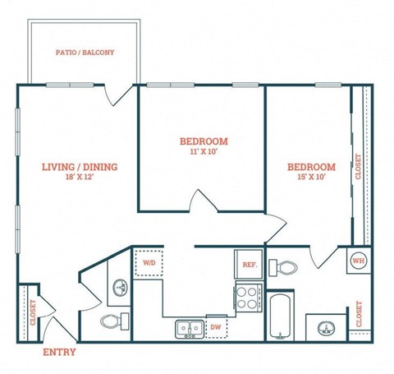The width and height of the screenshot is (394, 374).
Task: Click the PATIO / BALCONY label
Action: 85,53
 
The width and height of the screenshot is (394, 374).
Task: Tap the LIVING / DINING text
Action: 80,167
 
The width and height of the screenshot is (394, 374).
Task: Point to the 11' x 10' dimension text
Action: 204,151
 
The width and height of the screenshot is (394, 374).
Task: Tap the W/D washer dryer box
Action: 149,263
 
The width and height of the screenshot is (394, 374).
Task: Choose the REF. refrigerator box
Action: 248,264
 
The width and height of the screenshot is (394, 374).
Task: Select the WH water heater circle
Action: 358,261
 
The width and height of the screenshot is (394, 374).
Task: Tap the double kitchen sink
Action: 189,329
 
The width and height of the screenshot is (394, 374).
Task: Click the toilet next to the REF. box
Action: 286,267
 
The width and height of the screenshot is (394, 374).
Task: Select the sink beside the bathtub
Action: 327,328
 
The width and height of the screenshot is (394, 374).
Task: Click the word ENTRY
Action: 59,352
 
